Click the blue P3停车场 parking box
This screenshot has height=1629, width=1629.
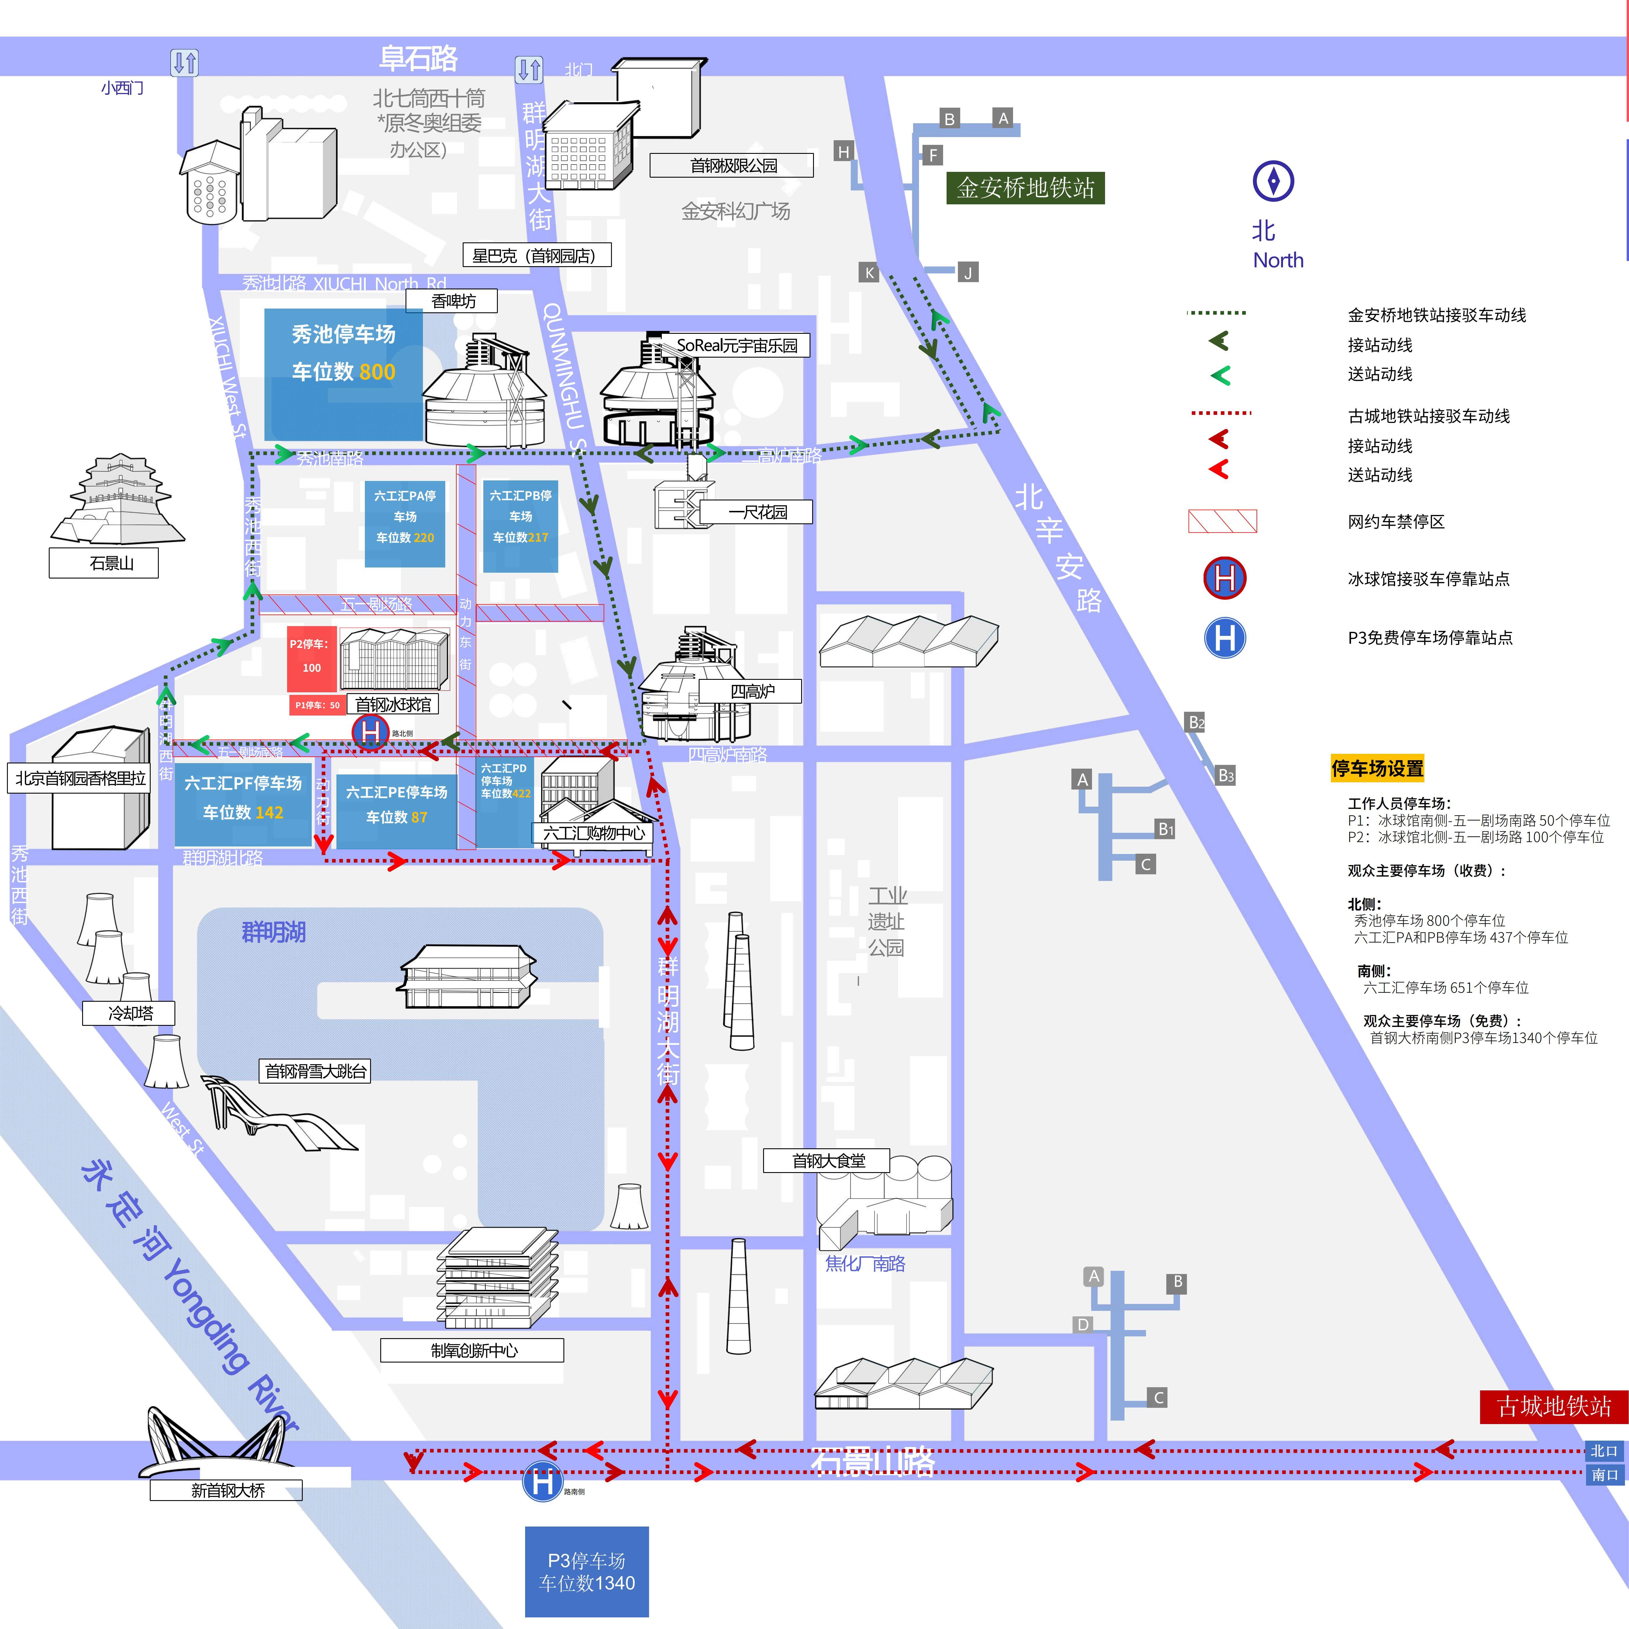tap(587, 1572)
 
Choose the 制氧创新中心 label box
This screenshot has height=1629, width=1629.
tap(472, 1350)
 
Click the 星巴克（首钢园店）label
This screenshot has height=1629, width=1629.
tap(536, 255)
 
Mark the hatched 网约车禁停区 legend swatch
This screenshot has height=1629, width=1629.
tap(1222, 521)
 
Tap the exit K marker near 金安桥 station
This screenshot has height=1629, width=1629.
tap(869, 272)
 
